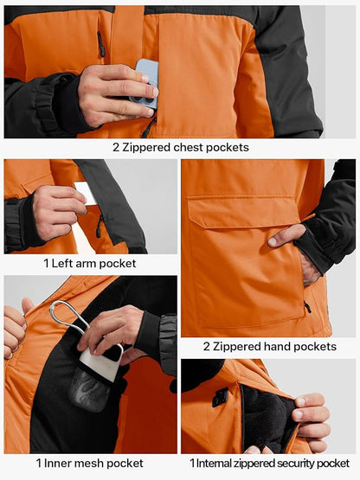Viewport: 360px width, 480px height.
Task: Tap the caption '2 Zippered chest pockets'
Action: click(x=180, y=147)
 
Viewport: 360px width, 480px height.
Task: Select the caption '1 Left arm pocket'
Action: click(x=90, y=263)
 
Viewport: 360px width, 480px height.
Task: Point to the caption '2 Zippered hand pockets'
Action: click(x=269, y=346)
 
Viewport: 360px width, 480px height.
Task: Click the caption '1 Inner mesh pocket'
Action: click(x=90, y=464)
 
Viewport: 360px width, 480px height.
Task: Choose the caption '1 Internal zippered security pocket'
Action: click(x=269, y=464)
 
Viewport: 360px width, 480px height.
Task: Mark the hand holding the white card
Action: click(x=56, y=212)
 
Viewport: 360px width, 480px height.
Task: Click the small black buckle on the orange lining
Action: click(x=220, y=398)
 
